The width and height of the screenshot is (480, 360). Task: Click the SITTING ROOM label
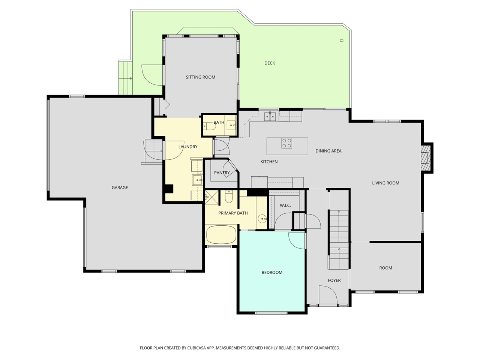click(x=201, y=77)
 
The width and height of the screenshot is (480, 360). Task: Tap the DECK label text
click(x=270, y=63)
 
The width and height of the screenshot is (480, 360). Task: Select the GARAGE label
click(x=120, y=187)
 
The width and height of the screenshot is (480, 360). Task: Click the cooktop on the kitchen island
click(x=287, y=143)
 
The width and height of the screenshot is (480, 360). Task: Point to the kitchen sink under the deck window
click(x=270, y=117)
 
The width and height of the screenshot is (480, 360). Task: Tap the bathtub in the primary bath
click(x=221, y=235)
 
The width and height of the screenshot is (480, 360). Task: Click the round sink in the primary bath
click(x=262, y=218)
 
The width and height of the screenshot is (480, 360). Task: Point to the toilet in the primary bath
click(x=229, y=196)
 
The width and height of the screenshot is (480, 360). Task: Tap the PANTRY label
click(x=222, y=173)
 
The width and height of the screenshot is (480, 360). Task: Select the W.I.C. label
click(x=285, y=205)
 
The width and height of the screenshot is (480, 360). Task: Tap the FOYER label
click(x=334, y=280)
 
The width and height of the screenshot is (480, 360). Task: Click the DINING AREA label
click(x=328, y=151)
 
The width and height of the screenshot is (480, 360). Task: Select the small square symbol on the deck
click(x=342, y=40)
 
